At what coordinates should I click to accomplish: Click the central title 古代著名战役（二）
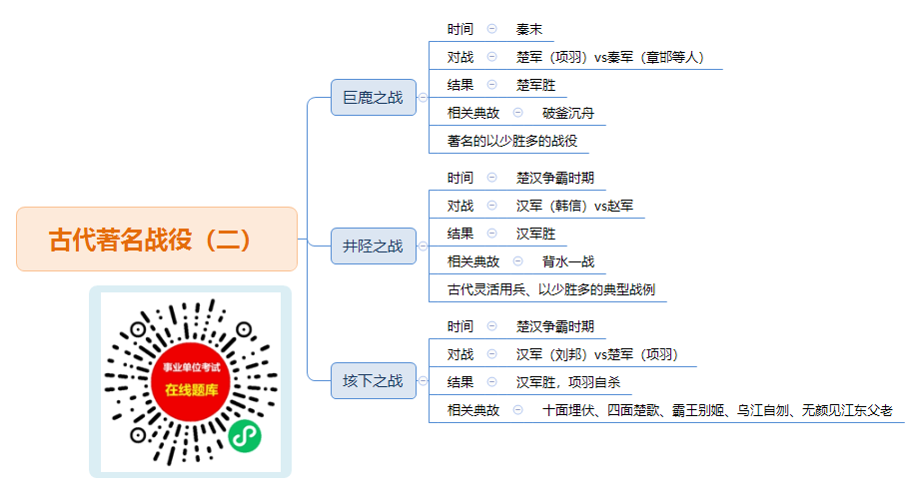150,240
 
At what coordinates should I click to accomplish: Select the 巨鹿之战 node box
374,98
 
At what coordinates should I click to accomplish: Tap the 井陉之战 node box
374,246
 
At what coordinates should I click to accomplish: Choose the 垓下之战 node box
374,381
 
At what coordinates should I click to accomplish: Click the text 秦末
529,29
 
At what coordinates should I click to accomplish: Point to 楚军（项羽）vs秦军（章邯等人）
610,57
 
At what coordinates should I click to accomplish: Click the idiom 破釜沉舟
568,113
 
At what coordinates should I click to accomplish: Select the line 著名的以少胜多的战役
512,141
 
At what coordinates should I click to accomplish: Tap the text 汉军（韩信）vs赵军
575,206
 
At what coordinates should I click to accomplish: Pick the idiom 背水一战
568,261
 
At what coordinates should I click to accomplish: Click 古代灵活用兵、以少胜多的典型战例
551,289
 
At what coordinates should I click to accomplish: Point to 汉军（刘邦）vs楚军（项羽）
597,354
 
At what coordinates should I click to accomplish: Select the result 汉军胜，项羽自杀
568,382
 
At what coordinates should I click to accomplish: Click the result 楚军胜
535,85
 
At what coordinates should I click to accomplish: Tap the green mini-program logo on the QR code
245,436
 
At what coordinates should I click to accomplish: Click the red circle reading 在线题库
191,382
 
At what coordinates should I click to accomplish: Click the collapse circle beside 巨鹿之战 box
423,98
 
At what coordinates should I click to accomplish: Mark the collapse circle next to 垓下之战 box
423,381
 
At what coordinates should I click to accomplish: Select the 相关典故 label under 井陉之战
472,261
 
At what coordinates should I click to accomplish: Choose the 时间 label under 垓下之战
460,326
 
